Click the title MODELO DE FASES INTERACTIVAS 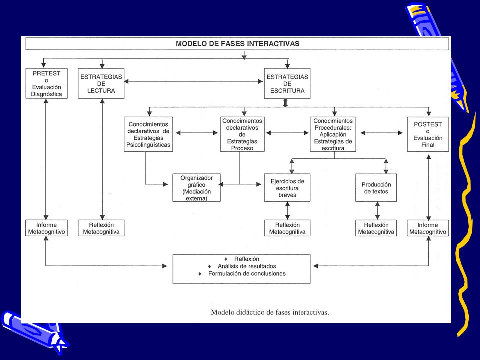pos(237,44)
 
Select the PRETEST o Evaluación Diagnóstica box pos(46,83)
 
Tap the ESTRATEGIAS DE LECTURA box pos(101,83)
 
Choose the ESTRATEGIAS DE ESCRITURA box pos(287,83)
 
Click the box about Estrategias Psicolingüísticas pos(148,134)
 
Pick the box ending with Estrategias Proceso pos(242,134)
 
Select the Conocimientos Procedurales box pos(333,134)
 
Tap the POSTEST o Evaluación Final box pos(428,134)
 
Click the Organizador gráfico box pos(196,188)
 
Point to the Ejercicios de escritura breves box pos(287,188)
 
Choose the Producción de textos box pos(376,188)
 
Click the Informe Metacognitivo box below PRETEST pos(46,228)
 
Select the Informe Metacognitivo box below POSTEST pos(428,228)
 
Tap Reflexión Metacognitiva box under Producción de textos pos(376,228)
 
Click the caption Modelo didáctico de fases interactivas pos(270,312)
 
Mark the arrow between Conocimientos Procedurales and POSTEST pos(381,133)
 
